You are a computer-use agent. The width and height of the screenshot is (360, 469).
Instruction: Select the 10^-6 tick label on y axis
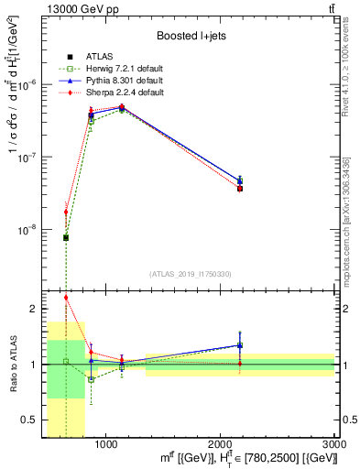[x=29, y=84]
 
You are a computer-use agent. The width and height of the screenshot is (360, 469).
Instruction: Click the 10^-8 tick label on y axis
[x=29, y=230]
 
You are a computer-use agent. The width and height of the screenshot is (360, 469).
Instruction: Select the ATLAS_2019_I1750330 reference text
[x=190, y=273]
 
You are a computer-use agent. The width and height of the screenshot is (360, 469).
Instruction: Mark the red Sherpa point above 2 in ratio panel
[x=66, y=297]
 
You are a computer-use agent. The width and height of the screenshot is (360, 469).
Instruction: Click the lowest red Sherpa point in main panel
[x=66, y=212]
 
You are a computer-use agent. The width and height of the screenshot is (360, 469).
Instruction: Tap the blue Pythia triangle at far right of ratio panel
[x=240, y=345]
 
